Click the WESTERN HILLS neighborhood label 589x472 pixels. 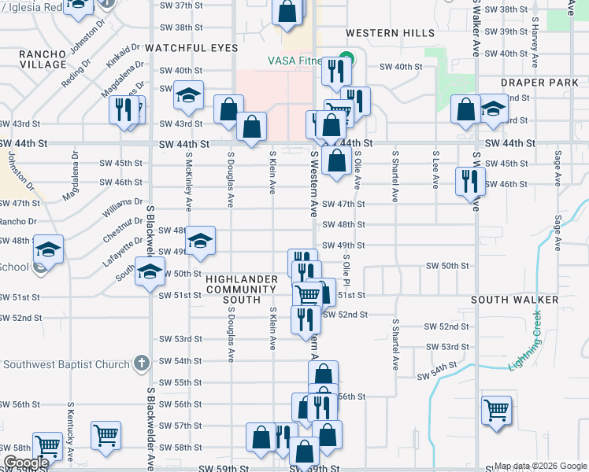tap(390, 33)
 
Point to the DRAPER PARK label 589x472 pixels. tap(539, 83)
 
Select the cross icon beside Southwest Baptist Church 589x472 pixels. tap(141, 363)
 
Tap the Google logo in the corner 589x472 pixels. tap(26, 463)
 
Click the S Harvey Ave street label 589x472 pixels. tap(535, 45)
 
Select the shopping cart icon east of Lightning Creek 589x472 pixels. tap(496, 410)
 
